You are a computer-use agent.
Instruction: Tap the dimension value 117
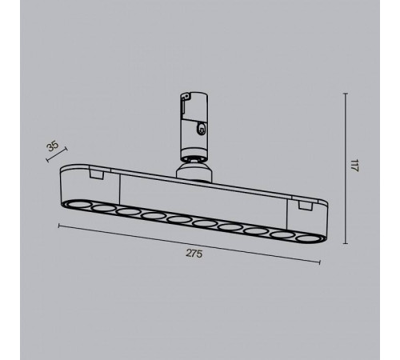pyautogui.click(x=354, y=167)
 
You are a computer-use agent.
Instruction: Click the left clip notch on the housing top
pyautogui.click(x=97, y=172)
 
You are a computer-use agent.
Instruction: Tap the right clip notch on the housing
pyautogui.click(x=303, y=206)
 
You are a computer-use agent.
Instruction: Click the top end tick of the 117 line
pyautogui.click(x=346, y=94)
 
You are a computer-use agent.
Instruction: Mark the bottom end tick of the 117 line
pyautogui.click(x=346, y=244)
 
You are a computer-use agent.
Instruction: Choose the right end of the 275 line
pyautogui.click(x=321, y=263)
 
